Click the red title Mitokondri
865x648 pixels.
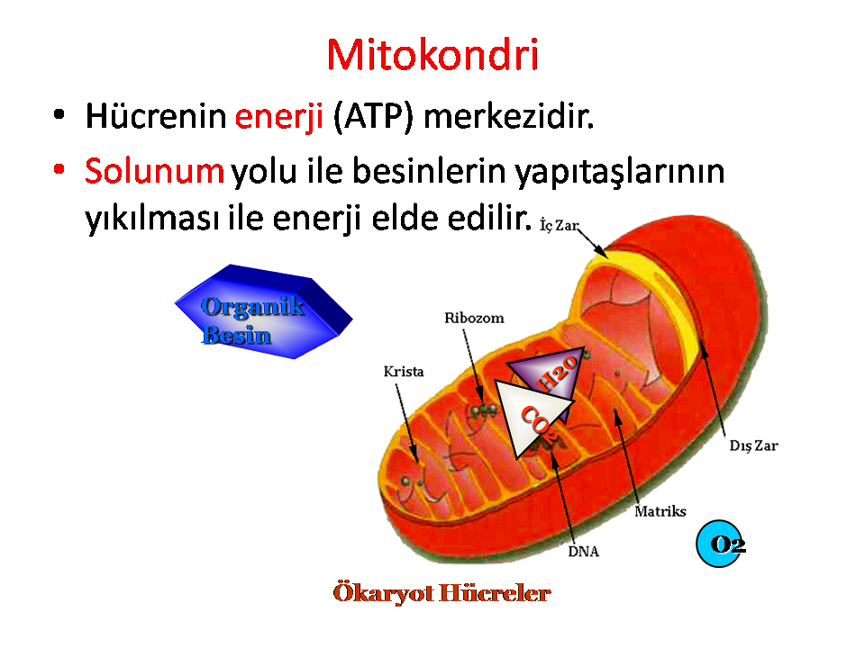tap(432, 55)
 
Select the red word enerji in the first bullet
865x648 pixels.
tap(278, 117)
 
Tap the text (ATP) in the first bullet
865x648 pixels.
tap(373, 117)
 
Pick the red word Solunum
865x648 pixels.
tap(154, 170)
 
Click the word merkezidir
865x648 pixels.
tap(508, 116)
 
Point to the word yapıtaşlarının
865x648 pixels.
tap(620, 173)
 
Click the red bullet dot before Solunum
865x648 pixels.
tap(59, 168)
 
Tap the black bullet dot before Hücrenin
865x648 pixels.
tap(59, 114)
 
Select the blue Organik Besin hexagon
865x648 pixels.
tap(263, 312)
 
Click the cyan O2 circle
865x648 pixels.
tap(719, 544)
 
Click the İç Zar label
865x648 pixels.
tap(559, 225)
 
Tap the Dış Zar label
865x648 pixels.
tap(753, 445)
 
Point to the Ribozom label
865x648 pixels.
tap(475, 318)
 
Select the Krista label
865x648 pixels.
tap(404, 372)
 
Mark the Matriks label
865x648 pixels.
tap(660, 511)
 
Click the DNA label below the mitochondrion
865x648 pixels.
tap(583, 552)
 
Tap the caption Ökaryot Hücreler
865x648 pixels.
tap(442, 593)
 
